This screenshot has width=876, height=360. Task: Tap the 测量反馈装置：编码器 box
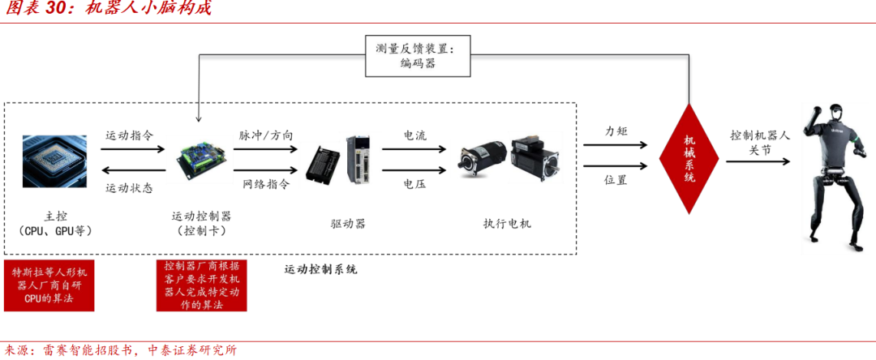click(417, 55)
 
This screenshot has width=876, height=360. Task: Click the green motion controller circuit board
click(201, 155)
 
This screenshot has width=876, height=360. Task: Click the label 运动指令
click(129, 135)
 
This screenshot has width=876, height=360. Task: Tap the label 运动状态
click(129, 188)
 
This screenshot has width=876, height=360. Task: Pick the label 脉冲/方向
click(266, 135)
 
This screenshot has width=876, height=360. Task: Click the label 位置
click(616, 180)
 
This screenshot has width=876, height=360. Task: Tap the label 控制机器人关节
click(759, 143)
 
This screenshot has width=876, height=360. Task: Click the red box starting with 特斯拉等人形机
click(49, 285)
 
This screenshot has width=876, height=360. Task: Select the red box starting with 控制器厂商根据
click(201, 285)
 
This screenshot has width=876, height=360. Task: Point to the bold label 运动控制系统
click(320, 269)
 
